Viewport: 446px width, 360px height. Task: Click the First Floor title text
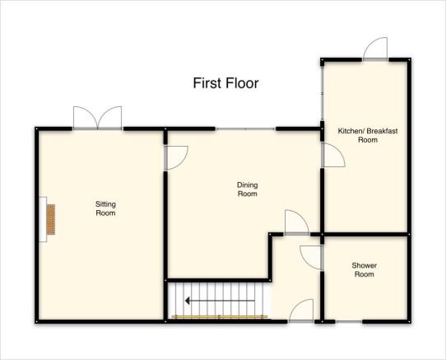click(225, 83)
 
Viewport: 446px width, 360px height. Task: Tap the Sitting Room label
click(105, 208)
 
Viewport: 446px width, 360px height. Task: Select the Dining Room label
click(248, 189)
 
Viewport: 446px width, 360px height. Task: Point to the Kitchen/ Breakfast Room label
click(368, 135)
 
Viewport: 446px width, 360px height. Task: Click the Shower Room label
click(364, 269)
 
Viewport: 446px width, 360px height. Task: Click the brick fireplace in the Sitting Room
click(51, 219)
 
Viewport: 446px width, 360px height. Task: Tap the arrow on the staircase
click(220, 301)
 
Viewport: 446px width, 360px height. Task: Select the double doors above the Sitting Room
click(98, 118)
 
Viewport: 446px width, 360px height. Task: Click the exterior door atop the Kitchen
click(375, 49)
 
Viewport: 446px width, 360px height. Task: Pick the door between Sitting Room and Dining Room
click(176, 158)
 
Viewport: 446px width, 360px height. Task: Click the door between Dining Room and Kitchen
click(333, 155)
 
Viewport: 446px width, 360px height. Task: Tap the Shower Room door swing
click(311, 258)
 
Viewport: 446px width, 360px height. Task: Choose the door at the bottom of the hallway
click(301, 311)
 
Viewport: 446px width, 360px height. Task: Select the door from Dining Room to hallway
click(297, 222)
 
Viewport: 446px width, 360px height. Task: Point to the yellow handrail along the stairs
click(220, 316)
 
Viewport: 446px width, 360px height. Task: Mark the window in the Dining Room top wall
click(245, 129)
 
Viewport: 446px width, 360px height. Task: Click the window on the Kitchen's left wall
click(323, 93)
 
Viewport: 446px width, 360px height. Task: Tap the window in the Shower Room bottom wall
click(349, 321)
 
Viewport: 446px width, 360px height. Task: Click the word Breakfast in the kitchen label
click(382, 131)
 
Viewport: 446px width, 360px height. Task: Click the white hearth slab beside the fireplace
click(43, 219)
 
